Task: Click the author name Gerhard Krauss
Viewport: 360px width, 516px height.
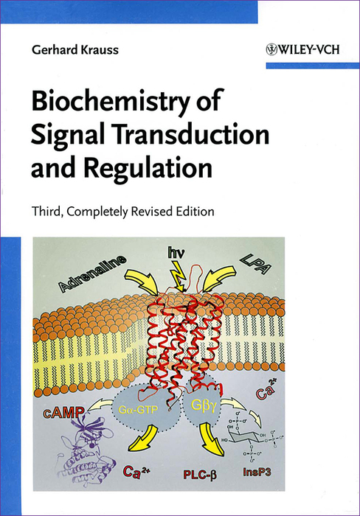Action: click(75, 49)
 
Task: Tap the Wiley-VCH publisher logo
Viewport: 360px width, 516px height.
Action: click(302, 49)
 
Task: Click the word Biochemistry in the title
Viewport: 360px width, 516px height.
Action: click(111, 101)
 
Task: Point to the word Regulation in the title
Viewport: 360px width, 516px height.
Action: click(148, 169)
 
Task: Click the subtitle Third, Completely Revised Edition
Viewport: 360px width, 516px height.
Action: click(123, 212)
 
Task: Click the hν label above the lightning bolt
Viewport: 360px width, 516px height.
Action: click(176, 253)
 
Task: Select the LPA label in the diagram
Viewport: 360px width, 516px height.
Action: click(255, 263)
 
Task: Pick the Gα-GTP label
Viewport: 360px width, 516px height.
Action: click(139, 410)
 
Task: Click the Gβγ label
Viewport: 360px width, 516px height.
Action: click(204, 405)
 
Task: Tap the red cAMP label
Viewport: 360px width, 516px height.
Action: click(63, 412)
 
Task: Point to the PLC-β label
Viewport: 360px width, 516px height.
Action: click(200, 474)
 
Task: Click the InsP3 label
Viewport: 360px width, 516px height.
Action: click(257, 473)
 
